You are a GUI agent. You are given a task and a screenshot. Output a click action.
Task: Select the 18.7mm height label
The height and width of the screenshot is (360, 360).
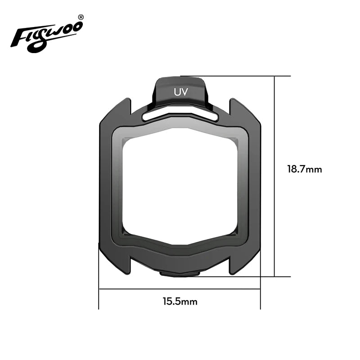[305, 170]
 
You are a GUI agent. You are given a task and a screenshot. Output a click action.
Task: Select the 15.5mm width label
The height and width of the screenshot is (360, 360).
[180, 301]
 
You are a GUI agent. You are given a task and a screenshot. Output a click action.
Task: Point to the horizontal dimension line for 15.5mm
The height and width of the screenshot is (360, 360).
[135, 289]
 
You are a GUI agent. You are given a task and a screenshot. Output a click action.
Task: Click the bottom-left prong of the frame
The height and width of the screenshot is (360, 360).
[122, 265]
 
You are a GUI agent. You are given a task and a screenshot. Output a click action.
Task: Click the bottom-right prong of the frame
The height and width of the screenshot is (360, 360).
[238, 265]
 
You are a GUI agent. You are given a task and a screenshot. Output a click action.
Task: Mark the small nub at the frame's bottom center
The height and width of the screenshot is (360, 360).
[180, 273]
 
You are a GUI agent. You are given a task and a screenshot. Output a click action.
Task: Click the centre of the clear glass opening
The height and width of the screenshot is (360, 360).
[180, 184]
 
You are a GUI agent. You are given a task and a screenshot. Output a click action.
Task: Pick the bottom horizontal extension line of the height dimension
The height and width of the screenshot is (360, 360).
[265, 277]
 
